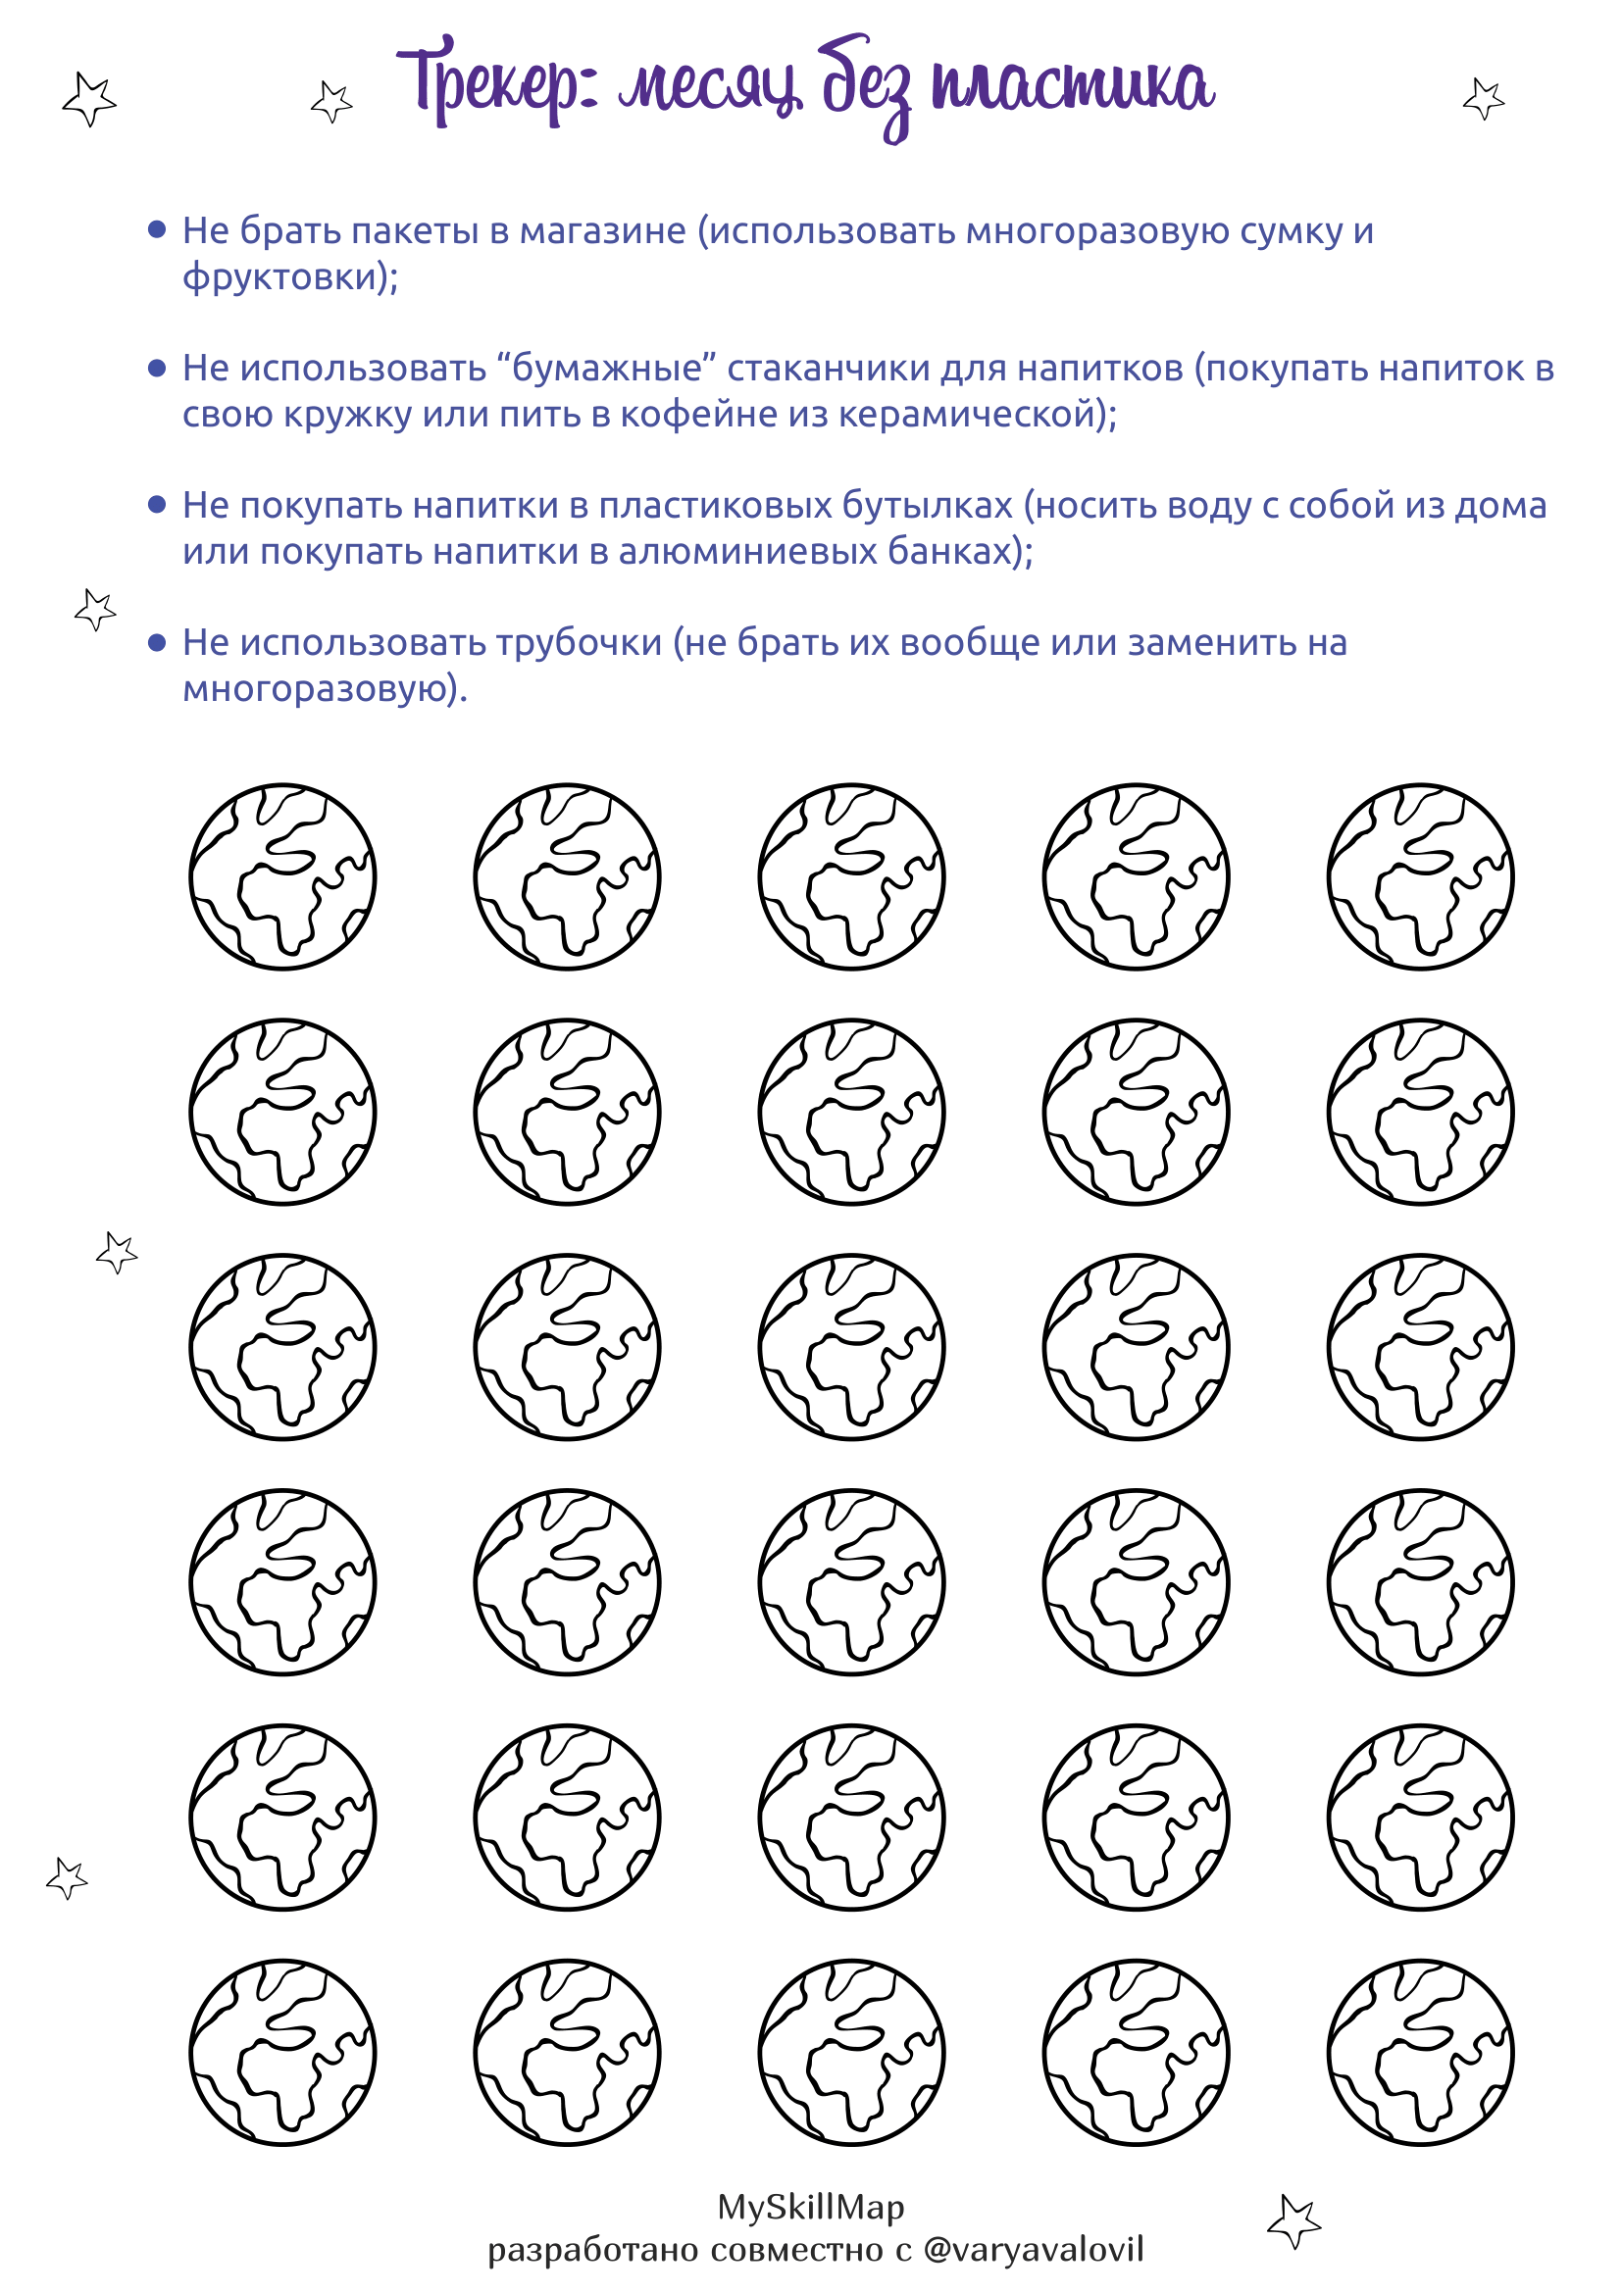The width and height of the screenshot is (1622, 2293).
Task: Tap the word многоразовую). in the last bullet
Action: [325, 689]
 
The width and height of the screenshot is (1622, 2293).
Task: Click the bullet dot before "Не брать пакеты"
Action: [157, 230]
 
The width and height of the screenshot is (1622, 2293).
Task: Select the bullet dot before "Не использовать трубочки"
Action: [157, 643]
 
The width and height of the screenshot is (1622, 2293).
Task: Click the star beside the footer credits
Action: [1294, 2221]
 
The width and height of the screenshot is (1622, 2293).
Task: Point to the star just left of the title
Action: [331, 101]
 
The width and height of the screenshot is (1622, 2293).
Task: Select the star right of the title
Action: [1483, 99]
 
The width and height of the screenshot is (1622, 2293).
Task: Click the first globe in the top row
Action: [282, 876]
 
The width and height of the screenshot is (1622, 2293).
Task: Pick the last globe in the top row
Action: [1420, 876]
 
